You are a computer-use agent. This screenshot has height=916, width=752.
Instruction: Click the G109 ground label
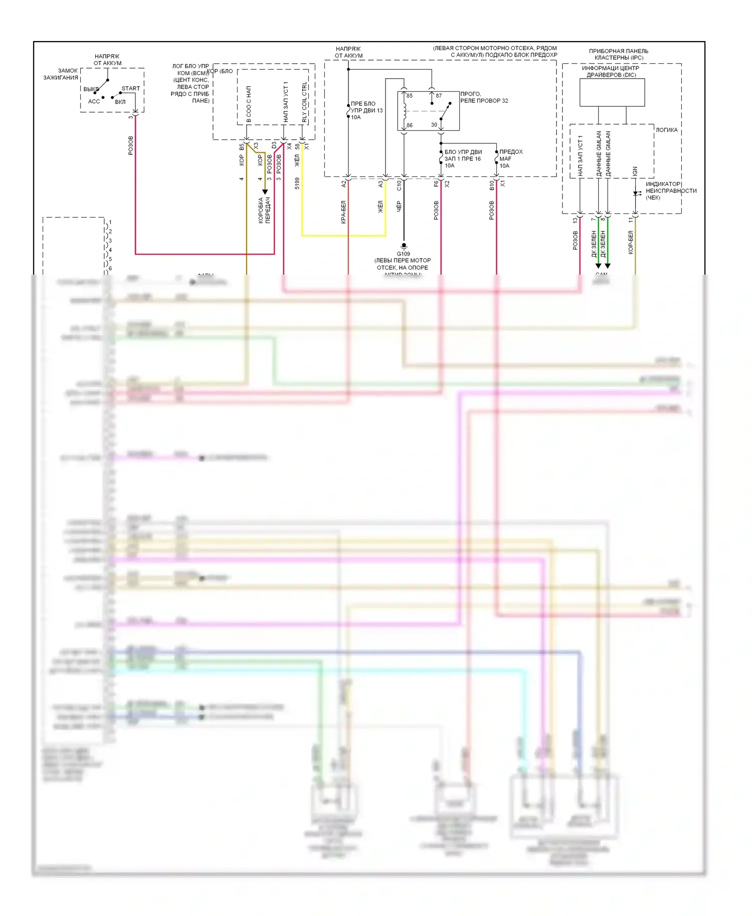[403, 254]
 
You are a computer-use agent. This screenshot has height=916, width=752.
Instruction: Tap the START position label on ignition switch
[130, 89]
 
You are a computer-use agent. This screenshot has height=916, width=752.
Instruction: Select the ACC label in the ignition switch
[94, 101]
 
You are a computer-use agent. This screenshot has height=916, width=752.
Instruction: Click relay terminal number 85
[410, 96]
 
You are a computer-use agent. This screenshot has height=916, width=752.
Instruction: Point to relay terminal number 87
[439, 96]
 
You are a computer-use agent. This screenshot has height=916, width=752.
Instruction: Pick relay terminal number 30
[434, 125]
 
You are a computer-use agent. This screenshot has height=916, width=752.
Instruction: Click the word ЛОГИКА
[666, 130]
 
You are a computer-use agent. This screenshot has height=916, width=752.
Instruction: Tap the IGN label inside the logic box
[635, 171]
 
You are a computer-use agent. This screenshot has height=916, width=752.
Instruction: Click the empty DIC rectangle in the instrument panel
[612, 92]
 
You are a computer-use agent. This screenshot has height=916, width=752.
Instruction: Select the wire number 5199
[297, 183]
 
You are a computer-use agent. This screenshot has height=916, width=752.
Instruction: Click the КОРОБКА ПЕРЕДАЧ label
[264, 210]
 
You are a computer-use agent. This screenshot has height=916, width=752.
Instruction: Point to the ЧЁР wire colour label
[399, 206]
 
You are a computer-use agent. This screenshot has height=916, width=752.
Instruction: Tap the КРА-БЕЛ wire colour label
[343, 211]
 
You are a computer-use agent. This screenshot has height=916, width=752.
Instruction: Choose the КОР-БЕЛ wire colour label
[631, 242]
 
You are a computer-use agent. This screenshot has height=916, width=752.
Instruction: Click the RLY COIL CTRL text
[304, 103]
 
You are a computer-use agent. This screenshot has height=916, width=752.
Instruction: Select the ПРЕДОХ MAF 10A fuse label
[510, 158]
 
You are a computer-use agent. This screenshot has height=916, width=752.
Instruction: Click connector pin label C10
[399, 185]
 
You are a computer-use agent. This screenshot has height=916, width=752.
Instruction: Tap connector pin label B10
[492, 185]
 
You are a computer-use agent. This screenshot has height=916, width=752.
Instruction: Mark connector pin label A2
[343, 184]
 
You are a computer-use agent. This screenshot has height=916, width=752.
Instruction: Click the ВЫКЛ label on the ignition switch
[91, 89]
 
